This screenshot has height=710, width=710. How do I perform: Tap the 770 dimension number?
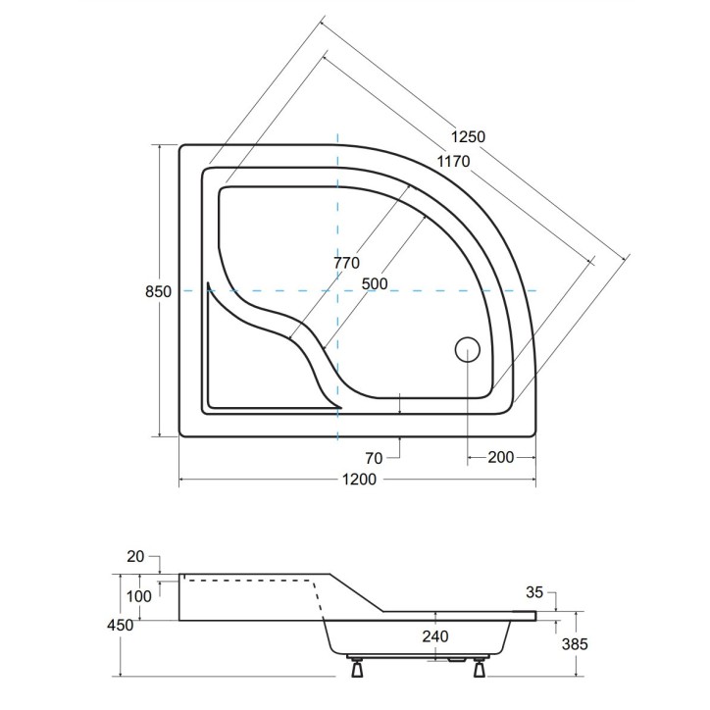pos(346,263)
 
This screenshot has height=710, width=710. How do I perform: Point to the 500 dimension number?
pos(375,283)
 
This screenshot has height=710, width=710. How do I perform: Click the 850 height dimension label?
pos(159,291)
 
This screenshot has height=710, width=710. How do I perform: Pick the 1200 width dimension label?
pos(357,481)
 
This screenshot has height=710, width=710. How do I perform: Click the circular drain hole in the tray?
pos(467,348)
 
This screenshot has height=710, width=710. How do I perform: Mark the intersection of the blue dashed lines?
pos(336,291)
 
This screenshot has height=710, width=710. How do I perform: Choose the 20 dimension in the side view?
pos(135,556)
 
